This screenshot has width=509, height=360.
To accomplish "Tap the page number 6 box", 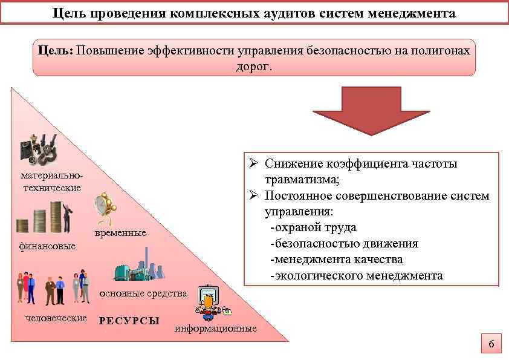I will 491,345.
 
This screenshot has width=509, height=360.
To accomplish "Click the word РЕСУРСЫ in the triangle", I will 129,321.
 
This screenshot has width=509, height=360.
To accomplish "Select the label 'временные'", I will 120,234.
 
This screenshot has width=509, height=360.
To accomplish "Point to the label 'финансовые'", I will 47,246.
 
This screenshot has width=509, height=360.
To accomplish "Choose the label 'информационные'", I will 216,329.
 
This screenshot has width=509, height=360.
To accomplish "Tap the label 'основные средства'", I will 143,293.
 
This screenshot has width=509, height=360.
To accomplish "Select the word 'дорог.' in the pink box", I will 254,65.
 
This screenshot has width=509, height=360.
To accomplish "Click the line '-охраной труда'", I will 313,227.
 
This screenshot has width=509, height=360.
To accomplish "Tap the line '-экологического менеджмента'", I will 356,276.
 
